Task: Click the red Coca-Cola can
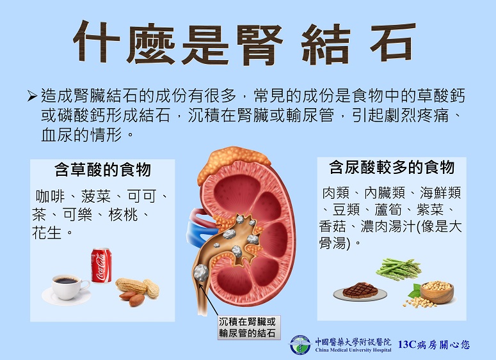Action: click(101, 265)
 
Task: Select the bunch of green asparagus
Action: click(399, 269)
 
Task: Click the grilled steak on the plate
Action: click(360, 290)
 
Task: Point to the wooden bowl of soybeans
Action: click(436, 292)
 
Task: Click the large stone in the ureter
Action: click(200, 273)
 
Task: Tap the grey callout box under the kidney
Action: click(248, 327)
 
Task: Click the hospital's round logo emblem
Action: click(300, 345)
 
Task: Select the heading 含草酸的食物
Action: click(102, 169)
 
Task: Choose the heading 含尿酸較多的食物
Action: click(392, 167)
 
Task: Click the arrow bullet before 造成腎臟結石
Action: click(32, 96)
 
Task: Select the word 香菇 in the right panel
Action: click(332, 226)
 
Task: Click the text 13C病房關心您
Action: click(434, 345)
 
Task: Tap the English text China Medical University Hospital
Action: click(353, 350)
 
